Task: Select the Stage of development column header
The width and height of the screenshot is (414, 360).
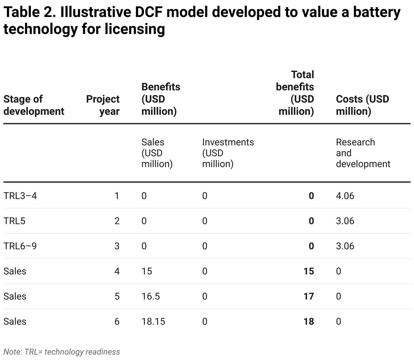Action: point(34,105)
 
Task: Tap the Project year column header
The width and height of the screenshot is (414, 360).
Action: point(103,105)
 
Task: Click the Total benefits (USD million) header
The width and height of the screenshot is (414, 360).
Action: point(295,93)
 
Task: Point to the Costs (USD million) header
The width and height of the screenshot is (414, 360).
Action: point(362,105)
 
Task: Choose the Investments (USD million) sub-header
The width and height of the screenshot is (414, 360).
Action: point(228,153)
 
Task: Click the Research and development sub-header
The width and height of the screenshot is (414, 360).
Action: point(363,153)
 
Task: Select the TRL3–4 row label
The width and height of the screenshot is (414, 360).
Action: point(20,196)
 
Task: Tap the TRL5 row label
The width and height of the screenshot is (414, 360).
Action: point(14,221)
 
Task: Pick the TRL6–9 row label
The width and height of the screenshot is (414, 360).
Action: point(20,246)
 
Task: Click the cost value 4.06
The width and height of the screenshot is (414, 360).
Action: point(345,196)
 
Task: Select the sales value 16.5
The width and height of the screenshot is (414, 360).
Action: point(150,296)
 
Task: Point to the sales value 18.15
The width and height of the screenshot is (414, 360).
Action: point(153,322)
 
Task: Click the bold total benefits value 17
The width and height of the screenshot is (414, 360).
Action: point(308,296)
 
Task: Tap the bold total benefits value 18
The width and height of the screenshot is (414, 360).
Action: point(308,322)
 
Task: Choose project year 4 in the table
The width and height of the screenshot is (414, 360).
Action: point(117,271)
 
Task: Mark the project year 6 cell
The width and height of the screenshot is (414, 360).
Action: point(117,322)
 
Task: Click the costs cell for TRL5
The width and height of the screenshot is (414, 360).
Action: point(345,221)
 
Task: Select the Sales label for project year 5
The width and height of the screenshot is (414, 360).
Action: point(15,296)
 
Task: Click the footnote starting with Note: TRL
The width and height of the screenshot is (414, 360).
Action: point(62,352)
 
